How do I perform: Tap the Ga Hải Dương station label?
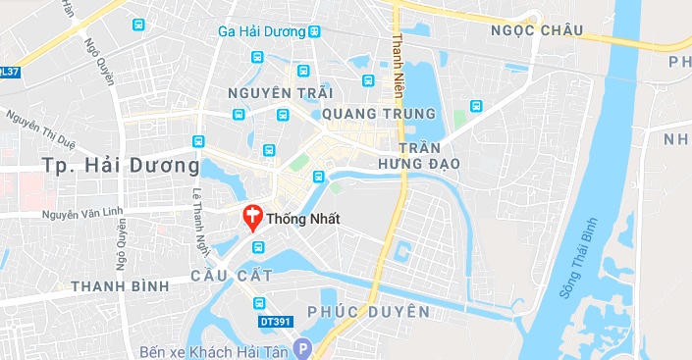[x=261, y=31]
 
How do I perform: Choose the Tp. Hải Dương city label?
[x=121, y=163]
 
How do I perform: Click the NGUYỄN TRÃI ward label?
[x=273, y=92]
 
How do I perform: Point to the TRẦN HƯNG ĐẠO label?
[x=420, y=153]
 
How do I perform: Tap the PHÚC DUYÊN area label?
[x=368, y=312]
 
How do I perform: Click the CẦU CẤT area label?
[x=232, y=276]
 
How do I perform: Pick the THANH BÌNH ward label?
[x=120, y=285]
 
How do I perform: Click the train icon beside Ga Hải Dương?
[x=314, y=31]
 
